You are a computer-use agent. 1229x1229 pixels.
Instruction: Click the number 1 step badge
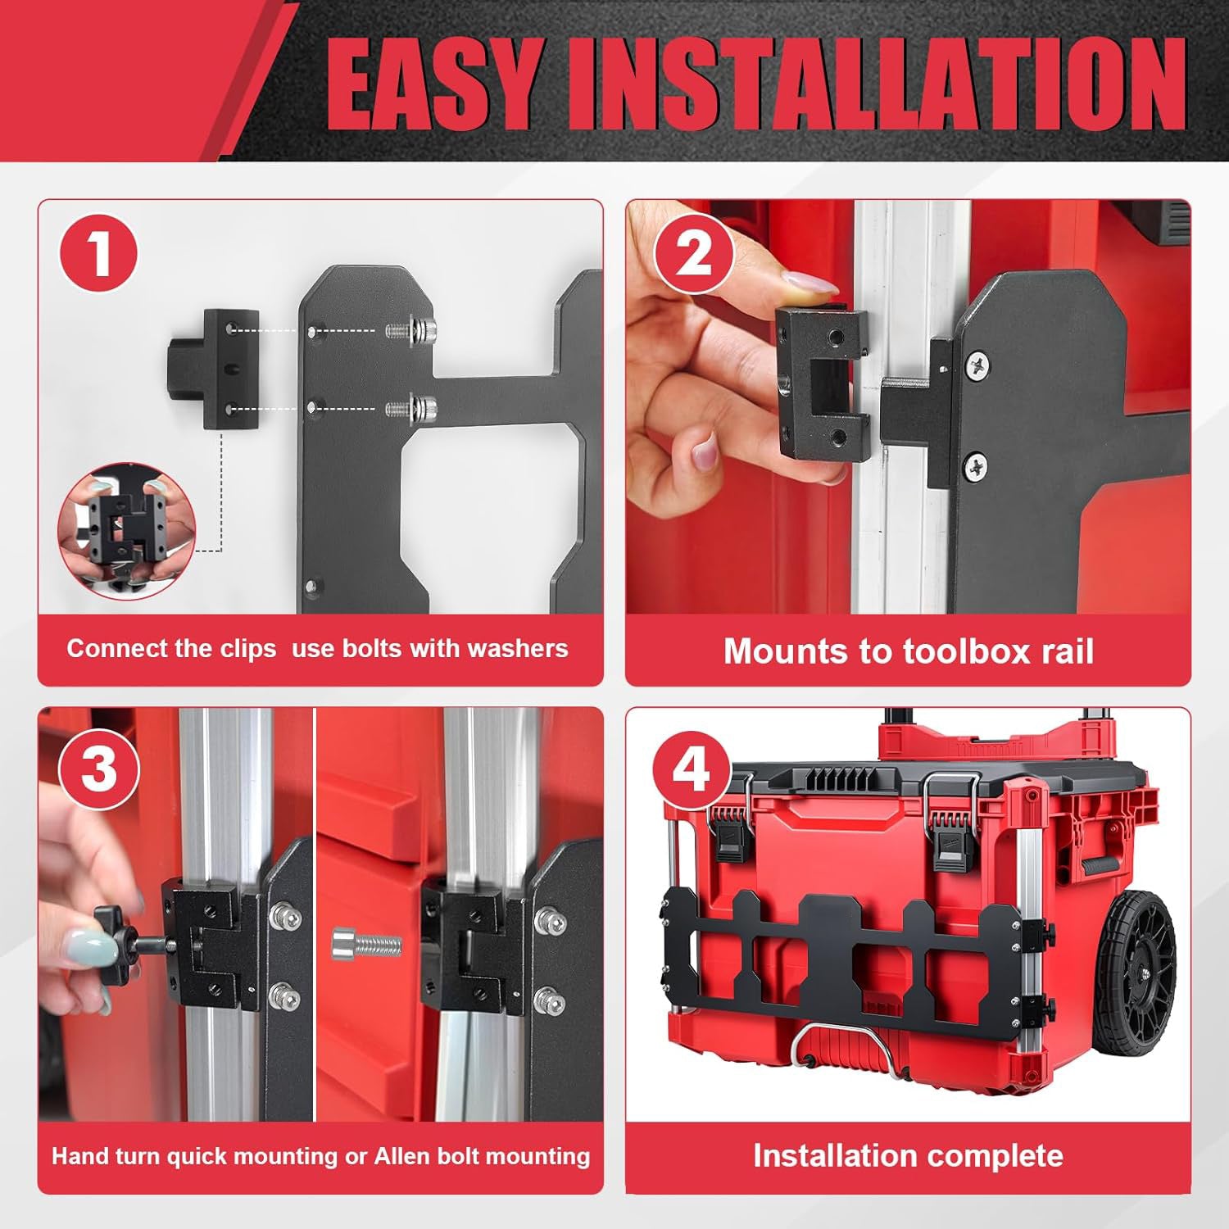(x=98, y=253)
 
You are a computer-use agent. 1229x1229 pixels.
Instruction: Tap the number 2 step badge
(x=694, y=253)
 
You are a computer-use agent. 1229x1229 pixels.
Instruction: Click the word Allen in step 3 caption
(x=401, y=1156)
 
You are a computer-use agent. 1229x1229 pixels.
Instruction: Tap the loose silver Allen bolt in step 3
(x=366, y=945)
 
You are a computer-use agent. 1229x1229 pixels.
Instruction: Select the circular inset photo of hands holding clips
(x=127, y=531)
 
